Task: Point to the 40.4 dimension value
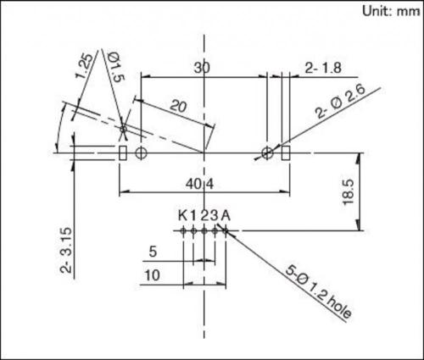(x=204, y=182)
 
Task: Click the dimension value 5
(x=153, y=252)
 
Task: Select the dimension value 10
(x=153, y=275)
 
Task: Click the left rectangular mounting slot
(x=123, y=153)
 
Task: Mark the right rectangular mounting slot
(x=286, y=153)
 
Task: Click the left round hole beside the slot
(x=142, y=153)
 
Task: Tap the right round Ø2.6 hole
(x=268, y=153)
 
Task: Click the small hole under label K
(x=183, y=229)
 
